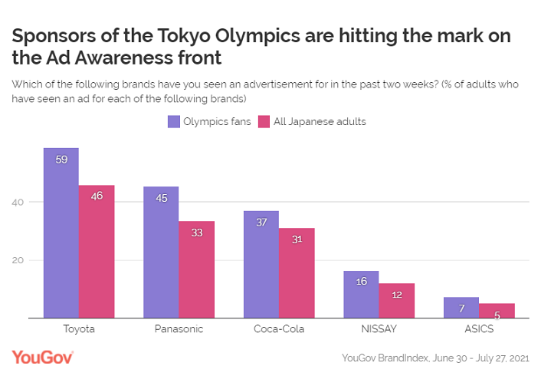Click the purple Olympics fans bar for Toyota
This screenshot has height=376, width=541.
pos(61,233)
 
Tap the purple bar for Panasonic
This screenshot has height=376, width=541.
pos(161,252)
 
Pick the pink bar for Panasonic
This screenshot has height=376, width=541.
pos(196,269)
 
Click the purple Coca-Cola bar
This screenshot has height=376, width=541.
pos(261,264)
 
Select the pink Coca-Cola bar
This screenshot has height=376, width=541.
pos(297,272)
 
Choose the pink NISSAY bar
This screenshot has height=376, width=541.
pos(396,300)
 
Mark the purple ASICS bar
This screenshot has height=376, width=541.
pos(461,307)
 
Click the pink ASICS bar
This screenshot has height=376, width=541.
pos(497,310)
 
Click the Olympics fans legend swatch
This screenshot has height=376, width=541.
pos(174,121)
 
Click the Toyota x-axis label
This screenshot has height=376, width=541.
pos(79,329)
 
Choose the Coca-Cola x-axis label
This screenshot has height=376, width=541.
pos(279,329)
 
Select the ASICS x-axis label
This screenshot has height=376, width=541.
pos(479,329)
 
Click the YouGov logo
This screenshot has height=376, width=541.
pos(42,357)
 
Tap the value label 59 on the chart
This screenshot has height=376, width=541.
pos(61,159)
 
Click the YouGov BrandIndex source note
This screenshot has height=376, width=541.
pos(434,358)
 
